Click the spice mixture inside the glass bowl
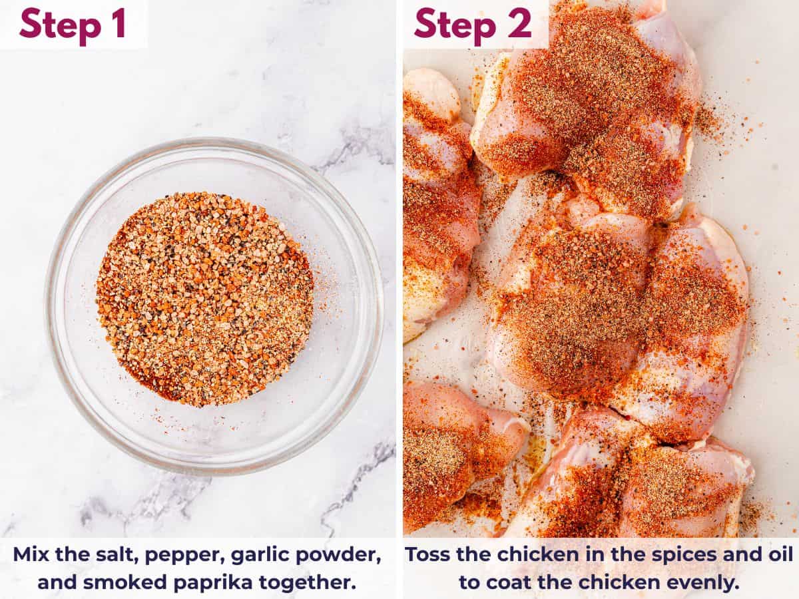coord(204,299)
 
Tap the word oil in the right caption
coord(778,554)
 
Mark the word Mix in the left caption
coord(30,554)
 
